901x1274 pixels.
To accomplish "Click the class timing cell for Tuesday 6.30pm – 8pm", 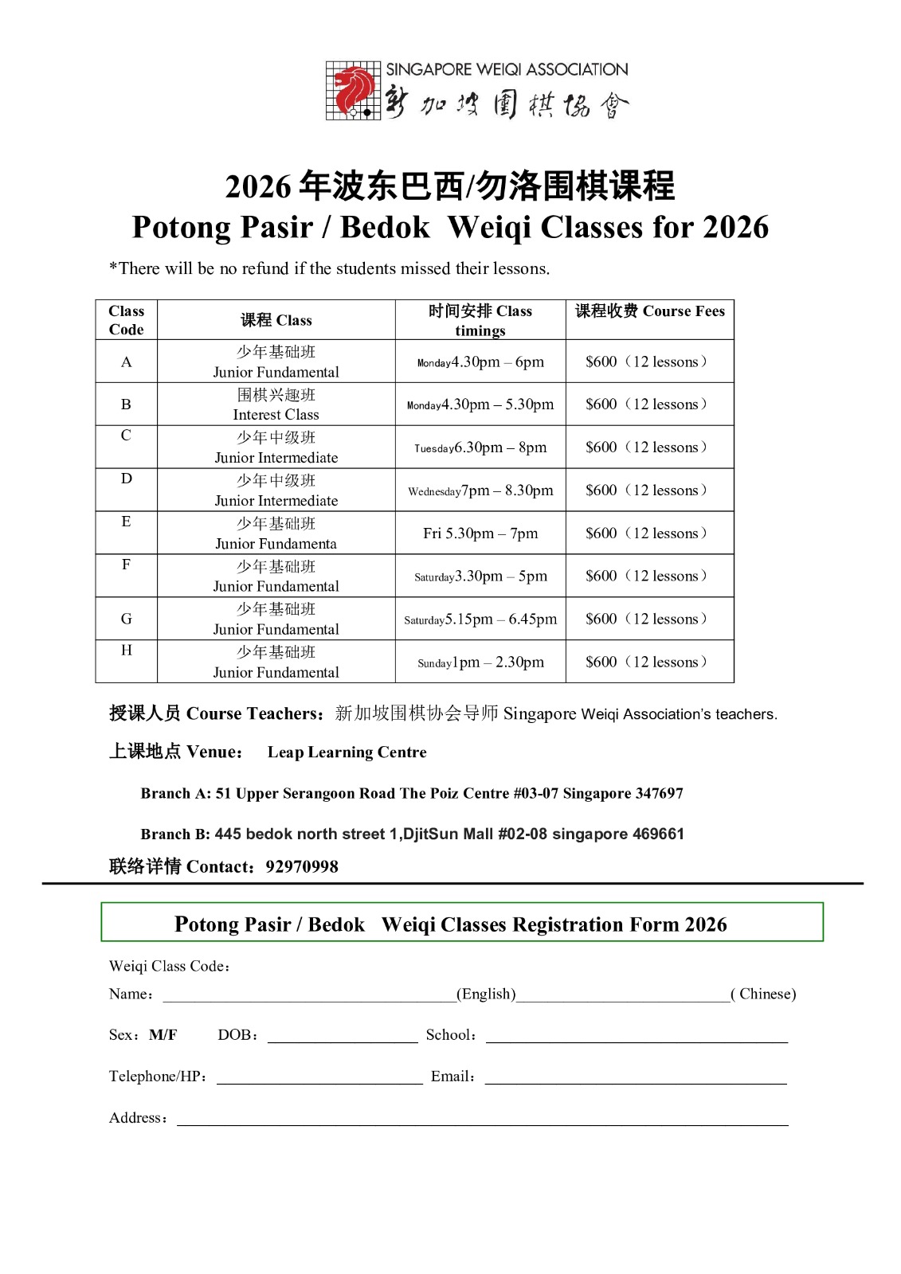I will [480, 447].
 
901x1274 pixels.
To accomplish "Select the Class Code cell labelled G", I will [126, 619].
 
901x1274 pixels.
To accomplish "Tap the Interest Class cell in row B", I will [276, 404].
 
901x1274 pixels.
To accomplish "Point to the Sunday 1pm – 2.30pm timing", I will [480, 662].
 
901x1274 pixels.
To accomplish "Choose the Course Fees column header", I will [649, 311].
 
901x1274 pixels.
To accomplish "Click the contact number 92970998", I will [302, 866].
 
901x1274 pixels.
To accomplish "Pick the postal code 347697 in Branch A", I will [656, 793].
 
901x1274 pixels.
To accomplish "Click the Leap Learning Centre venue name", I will [347, 752].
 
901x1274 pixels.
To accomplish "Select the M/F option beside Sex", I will [163, 1035].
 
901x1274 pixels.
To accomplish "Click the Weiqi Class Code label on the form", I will [169, 966].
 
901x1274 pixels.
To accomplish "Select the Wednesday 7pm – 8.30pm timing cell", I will [480, 490].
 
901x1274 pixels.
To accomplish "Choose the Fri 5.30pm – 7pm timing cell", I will [480, 533].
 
